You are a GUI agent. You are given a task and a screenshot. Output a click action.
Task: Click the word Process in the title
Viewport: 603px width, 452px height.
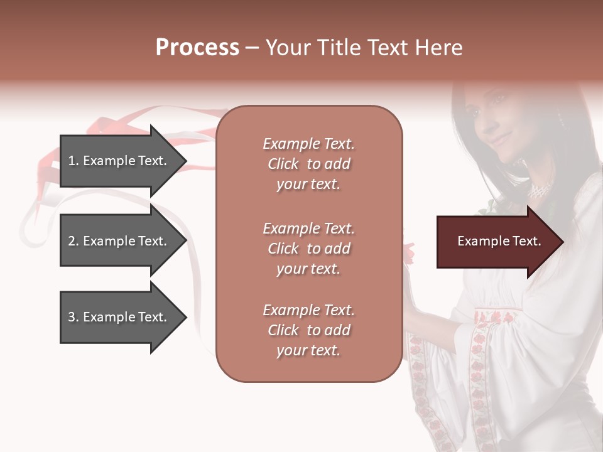pyautogui.click(x=197, y=48)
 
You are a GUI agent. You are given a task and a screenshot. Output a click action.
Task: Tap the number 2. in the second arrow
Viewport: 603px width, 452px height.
pyautogui.click(x=73, y=241)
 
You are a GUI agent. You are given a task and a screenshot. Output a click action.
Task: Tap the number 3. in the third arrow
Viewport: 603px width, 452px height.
pyautogui.click(x=73, y=317)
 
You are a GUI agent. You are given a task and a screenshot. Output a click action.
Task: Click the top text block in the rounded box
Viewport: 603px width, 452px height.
pyautogui.click(x=308, y=164)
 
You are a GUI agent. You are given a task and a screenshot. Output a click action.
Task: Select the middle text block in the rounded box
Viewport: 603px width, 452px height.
pyautogui.click(x=308, y=249)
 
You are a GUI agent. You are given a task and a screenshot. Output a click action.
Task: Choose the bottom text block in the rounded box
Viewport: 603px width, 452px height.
pyautogui.click(x=308, y=330)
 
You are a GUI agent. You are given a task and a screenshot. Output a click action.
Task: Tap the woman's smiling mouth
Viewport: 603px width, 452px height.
pyautogui.click(x=499, y=139)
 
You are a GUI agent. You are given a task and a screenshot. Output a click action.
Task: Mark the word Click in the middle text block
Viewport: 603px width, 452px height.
pyautogui.click(x=283, y=249)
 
